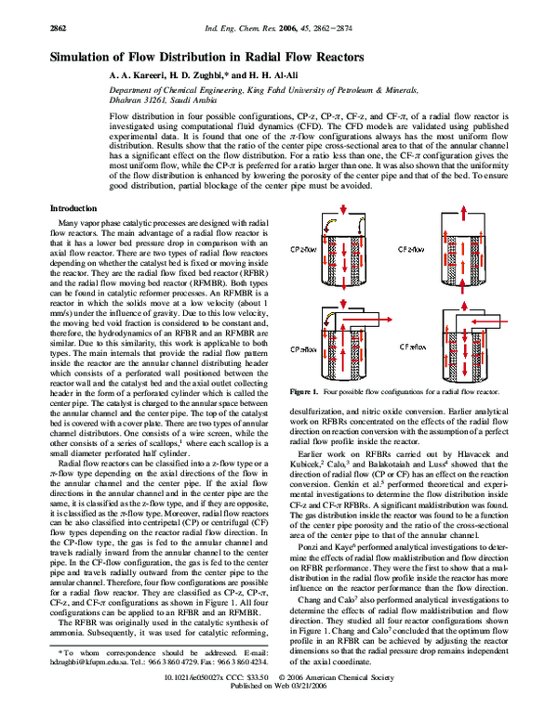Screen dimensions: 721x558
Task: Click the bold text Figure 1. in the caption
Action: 306,394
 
